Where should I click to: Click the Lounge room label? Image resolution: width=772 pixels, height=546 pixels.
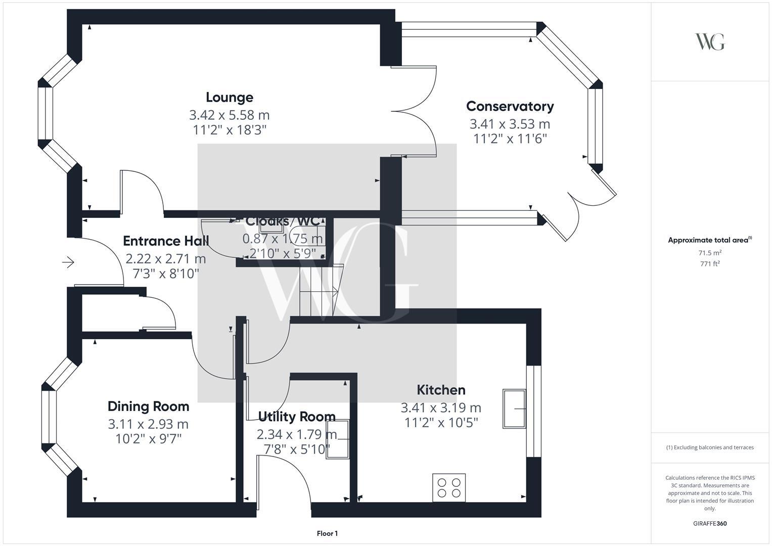(x=229, y=97)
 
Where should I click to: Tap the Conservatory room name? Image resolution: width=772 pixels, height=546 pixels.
(x=510, y=106)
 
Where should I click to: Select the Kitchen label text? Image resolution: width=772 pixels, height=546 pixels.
(x=441, y=390)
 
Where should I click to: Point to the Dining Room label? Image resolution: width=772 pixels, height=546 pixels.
(x=148, y=406)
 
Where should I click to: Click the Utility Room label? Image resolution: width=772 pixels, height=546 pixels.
(x=297, y=417)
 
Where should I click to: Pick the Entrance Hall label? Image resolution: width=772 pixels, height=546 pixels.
(x=166, y=241)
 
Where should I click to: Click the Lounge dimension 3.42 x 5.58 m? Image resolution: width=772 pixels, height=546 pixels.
(x=229, y=115)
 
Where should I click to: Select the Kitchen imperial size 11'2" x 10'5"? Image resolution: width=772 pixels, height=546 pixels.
(x=441, y=422)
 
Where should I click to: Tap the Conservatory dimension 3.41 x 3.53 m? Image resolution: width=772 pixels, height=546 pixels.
(x=510, y=123)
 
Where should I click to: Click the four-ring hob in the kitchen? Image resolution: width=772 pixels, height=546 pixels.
(x=449, y=487)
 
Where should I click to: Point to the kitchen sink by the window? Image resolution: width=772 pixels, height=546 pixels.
(x=514, y=408)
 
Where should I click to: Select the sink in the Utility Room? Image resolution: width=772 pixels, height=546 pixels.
(x=337, y=439)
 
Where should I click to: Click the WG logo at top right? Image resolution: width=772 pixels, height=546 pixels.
(x=710, y=41)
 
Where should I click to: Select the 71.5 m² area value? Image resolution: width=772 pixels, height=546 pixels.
(x=710, y=253)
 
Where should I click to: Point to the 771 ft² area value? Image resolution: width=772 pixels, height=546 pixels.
(x=710, y=263)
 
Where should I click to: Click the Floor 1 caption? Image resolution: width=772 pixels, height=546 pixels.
(x=327, y=533)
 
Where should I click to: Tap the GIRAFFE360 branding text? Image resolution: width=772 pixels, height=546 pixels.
(x=710, y=523)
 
